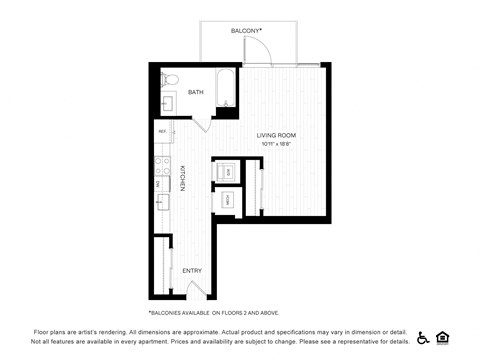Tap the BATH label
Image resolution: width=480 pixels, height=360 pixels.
pyautogui.click(x=196, y=92)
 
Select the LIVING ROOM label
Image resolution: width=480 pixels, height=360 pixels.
pyautogui.click(x=276, y=135)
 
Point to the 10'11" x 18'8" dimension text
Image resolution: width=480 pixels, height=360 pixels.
pyautogui.click(x=276, y=144)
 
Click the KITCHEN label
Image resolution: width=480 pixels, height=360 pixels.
pyautogui.click(x=182, y=177)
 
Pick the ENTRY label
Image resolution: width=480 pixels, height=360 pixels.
pyautogui.click(x=191, y=270)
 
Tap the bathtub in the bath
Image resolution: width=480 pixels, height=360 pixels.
pyautogui.click(x=227, y=89)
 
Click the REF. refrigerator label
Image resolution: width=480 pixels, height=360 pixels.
pyautogui.click(x=162, y=131)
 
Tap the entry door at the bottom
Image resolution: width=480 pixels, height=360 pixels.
pyautogui.click(x=198, y=290)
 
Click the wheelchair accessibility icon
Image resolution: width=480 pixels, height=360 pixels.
pyautogui.click(x=423, y=337)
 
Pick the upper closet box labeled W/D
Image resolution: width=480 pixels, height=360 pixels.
pyautogui.click(x=227, y=172)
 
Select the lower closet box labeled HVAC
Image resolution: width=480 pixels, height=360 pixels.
pyautogui.click(x=227, y=200)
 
